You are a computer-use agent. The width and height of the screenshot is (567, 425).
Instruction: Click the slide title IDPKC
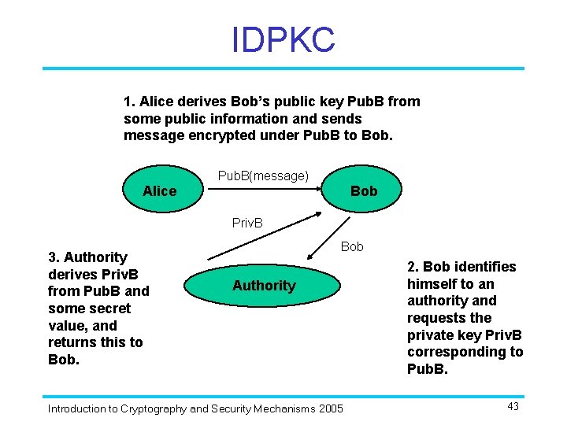click(x=283, y=39)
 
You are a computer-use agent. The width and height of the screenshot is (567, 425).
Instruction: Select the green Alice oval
click(x=160, y=191)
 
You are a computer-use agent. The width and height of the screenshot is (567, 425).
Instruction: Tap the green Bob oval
click(x=363, y=191)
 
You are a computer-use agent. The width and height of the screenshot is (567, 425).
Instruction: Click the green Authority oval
click(x=264, y=286)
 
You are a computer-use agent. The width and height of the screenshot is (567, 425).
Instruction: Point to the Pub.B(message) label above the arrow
click(x=263, y=176)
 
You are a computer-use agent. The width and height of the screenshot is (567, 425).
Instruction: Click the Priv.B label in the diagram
click(x=248, y=223)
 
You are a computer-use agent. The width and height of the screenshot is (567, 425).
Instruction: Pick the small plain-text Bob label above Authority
click(x=352, y=246)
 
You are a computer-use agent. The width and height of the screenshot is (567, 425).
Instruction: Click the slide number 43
click(x=513, y=406)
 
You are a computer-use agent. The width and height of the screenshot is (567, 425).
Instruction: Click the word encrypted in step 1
click(x=205, y=135)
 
